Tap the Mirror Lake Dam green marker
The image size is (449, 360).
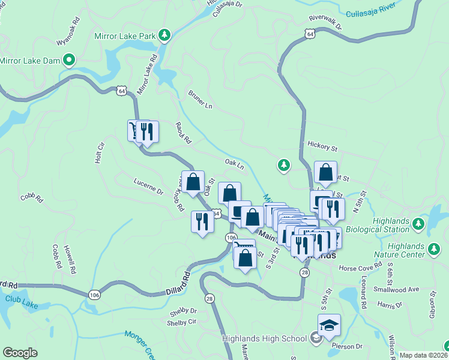click(69, 60)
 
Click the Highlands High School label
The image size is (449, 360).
click(265, 338)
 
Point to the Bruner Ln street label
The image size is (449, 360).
click(200, 100)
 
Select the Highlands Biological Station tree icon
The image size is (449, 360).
click(418, 224)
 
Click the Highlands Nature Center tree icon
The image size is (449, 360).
click(433, 248)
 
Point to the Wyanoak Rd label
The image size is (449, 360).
click(67, 35)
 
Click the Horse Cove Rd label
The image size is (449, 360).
click(360, 265)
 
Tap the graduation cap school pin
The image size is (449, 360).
click(329, 326)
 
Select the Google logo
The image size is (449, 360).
click(20, 352)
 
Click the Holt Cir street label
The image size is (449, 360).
click(100, 153)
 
